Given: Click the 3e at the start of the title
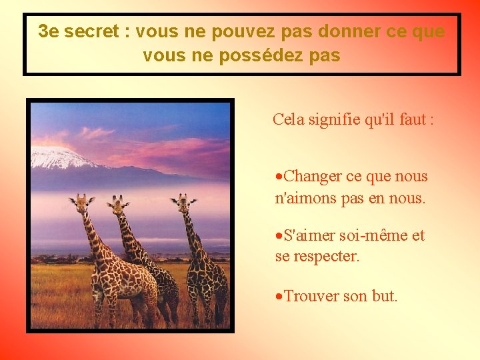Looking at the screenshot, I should [47, 31].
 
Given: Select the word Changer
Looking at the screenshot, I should [313, 177].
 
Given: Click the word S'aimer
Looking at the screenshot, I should [309, 235].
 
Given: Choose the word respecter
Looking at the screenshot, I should [326, 256].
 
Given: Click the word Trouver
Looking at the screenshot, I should [311, 296].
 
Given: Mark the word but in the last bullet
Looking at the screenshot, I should [384, 296].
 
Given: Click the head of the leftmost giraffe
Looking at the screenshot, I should [81, 201].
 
